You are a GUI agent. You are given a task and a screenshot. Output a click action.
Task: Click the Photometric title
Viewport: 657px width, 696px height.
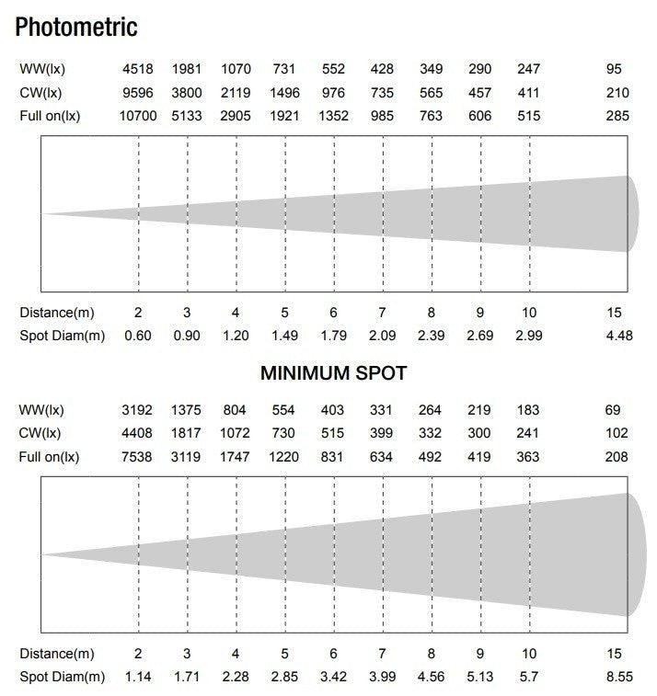tap(76, 27)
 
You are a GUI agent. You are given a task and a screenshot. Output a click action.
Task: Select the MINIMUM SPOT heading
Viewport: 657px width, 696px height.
tap(333, 373)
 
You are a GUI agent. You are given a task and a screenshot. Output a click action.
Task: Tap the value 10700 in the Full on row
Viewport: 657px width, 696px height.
tap(138, 116)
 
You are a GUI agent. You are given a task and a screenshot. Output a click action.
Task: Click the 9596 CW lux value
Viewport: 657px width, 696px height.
tap(138, 93)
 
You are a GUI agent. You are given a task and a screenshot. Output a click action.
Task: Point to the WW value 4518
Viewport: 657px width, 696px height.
tap(138, 69)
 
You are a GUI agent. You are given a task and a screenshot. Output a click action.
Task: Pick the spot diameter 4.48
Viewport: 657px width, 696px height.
tap(619, 335)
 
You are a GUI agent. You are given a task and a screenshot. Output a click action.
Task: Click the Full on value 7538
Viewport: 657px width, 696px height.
tap(138, 457)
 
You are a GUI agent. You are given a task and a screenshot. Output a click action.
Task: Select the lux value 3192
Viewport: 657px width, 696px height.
tap(138, 410)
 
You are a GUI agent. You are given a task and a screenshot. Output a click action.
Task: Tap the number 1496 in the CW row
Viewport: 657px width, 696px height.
tap(284, 93)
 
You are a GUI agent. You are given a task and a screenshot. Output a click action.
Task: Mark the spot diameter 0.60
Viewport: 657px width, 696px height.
tap(138, 335)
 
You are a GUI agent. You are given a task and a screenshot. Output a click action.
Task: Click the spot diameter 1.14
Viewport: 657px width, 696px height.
tap(138, 677)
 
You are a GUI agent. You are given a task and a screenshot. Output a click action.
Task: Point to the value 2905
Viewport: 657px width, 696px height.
tap(236, 116)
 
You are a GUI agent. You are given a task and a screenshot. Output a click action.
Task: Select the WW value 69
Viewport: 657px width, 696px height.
tap(615, 410)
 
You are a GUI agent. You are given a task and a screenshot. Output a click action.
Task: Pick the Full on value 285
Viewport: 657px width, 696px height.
tap(618, 116)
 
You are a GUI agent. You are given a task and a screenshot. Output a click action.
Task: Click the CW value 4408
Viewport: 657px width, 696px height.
tap(138, 433)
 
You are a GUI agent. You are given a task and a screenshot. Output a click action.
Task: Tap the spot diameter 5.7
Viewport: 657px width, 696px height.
tap(529, 677)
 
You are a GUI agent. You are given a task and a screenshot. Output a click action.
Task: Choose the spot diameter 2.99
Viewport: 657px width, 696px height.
tap(529, 335)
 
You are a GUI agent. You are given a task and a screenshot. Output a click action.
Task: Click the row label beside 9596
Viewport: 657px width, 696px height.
tap(41, 93)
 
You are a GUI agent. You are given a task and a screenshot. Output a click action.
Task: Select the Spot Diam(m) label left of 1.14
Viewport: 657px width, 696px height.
tap(63, 677)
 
